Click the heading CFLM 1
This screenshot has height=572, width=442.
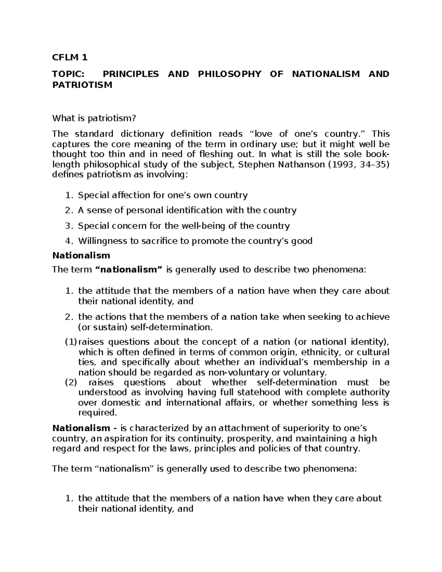70,57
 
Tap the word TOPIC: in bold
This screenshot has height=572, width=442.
68,74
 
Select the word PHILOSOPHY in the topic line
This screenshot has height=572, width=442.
229,74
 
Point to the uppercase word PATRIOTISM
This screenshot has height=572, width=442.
82,85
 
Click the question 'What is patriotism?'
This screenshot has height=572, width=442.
94,118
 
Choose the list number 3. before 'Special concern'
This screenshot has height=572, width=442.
69,226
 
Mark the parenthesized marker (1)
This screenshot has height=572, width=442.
70,342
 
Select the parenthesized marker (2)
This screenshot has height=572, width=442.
70,383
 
